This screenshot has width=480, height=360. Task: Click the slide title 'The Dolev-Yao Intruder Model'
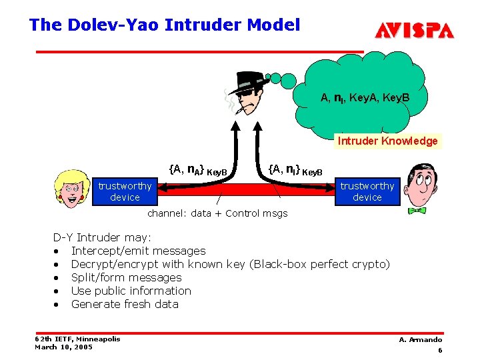click(165, 25)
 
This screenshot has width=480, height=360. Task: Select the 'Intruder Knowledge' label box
click(387, 141)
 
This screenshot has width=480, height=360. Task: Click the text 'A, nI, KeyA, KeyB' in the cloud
click(365, 98)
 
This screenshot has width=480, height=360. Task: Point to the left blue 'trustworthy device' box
click(125, 191)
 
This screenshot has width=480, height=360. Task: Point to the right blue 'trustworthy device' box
click(367, 191)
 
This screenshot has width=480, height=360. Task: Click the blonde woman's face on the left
click(71, 186)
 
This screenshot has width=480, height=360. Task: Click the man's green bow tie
click(417, 210)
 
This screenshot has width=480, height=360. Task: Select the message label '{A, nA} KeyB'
click(197, 170)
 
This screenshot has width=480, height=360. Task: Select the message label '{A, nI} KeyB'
click(294, 170)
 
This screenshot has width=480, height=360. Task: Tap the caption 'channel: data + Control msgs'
click(217, 213)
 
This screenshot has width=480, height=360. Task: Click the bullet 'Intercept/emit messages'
click(138, 251)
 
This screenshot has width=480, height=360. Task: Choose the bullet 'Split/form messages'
click(126, 277)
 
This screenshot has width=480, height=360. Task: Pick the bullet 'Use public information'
click(131, 291)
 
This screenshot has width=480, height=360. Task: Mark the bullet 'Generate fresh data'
click(125, 304)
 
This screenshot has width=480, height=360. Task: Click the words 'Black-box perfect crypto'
click(319, 264)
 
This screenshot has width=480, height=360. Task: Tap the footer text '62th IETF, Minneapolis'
click(77, 339)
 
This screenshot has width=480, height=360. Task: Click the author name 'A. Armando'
click(420, 339)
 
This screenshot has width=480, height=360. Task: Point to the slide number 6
click(440, 350)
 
